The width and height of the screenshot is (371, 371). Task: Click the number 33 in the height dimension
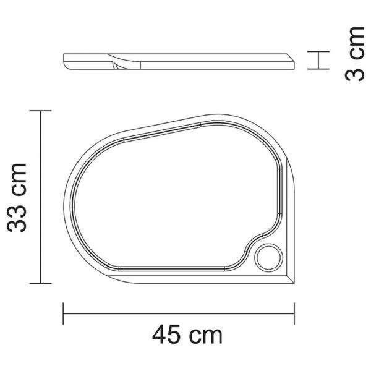pyautogui.click(x=17, y=215)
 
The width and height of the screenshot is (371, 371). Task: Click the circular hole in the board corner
pyautogui.click(x=268, y=258)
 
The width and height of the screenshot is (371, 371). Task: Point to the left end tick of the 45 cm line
pyautogui.click(x=63, y=313)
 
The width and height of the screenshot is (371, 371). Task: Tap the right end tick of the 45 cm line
pyautogui.click(x=294, y=313)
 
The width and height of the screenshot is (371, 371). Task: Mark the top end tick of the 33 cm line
pyautogui.click(x=40, y=111)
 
